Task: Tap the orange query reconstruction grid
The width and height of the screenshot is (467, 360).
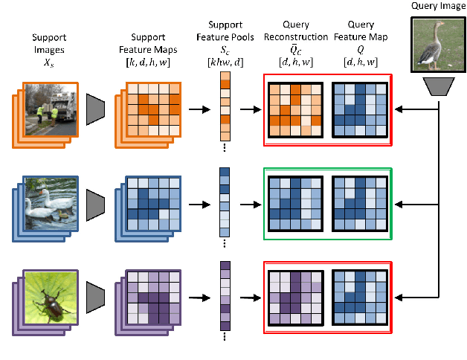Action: [294, 110]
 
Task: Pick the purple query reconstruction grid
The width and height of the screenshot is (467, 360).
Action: [294, 296]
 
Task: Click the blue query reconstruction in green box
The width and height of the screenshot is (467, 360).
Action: [294, 203]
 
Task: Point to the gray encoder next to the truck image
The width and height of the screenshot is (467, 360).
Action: [97, 109]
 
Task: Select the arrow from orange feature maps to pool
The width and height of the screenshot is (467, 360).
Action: [197, 110]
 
